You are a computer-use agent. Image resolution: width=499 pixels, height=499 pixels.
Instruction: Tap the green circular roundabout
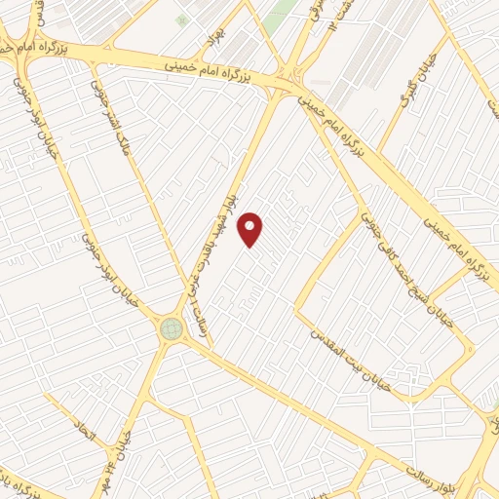coord(172,328)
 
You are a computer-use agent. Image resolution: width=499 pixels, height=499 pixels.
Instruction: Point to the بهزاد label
coord(207,41)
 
